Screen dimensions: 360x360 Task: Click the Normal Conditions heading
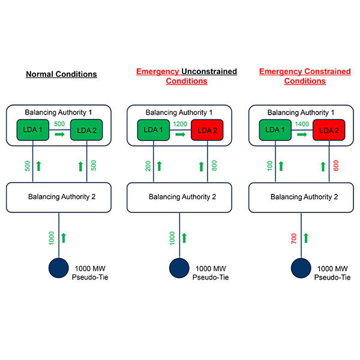point(61,74)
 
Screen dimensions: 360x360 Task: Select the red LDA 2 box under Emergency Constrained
point(329,130)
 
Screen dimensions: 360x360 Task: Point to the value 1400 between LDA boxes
point(302,124)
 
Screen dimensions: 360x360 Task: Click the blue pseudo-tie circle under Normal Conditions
point(58,267)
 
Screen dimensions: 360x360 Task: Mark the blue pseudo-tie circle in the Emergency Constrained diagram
point(301,267)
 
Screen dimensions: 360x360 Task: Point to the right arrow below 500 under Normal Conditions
point(59,135)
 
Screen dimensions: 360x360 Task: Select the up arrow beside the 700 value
point(306,238)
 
